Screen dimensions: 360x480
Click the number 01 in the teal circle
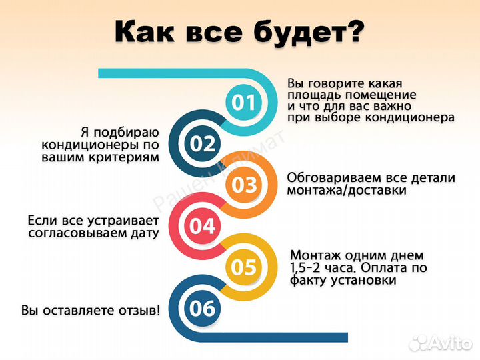pyautogui.click(x=243, y=102)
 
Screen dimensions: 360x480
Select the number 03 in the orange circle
pyautogui.click(x=244, y=185)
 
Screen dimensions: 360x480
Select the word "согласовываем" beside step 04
pyautogui.click(x=78, y=233)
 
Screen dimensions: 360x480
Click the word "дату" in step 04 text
pyautogui.click(x=146, y=233)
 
